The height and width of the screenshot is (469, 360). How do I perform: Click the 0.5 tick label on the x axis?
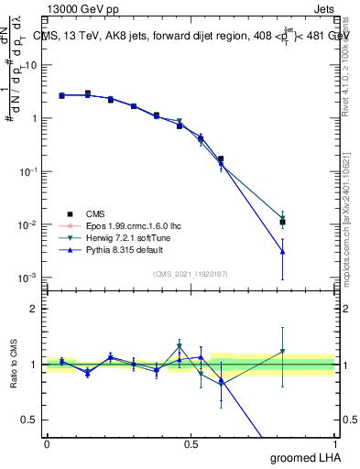(x=191, y=444)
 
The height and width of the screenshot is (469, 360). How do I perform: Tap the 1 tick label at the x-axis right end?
(x=333, y=444)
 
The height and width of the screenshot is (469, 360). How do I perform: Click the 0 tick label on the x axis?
(x=47, y=444)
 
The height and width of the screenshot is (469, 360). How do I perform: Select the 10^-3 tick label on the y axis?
(x=27, y=278)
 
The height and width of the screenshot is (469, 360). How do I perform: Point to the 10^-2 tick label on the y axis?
(x=27, y=224)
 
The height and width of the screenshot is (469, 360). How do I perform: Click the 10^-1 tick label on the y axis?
(x=27, y=171)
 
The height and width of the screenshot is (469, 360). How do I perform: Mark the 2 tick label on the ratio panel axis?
(x=34, y=309)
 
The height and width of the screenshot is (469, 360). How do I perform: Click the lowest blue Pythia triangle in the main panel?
(x=283, y=251)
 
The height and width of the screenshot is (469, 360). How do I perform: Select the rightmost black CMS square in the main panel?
(x=283, y=222)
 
